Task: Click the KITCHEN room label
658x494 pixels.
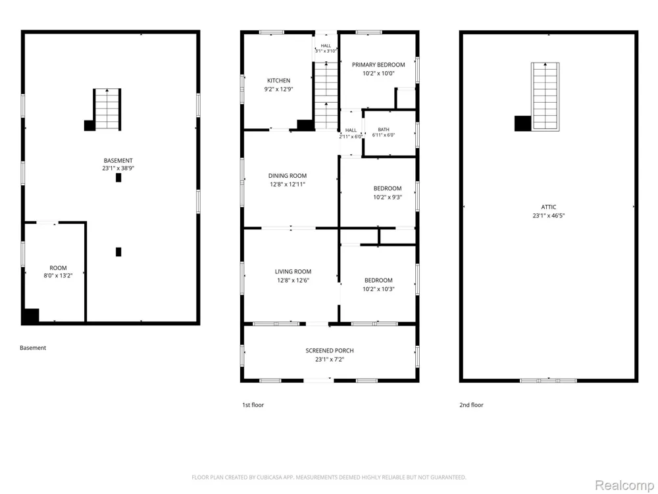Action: tap(278, 80)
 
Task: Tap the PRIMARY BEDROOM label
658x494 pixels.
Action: tap(378, 65)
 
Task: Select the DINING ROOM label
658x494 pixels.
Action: tap(288, 176)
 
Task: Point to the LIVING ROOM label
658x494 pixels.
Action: tap(293, 271)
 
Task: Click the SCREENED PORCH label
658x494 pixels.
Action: tap(330, 350)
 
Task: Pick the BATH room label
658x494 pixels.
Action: tap(384, 129)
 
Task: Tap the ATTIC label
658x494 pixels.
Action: tap(549, 207)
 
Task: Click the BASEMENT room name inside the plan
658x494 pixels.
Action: tap(118, 161)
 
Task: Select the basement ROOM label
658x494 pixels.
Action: tap(58, 268)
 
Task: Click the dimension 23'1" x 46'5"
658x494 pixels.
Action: tap(549, 215)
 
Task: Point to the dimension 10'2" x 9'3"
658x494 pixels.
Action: tap(388, 197)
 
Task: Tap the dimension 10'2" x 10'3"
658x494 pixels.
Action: tap(378, 289)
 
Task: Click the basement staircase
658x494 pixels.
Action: tap(107, 109)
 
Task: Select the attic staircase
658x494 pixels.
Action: tap(545, 96)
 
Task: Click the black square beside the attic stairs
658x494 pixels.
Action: tap(523, 124)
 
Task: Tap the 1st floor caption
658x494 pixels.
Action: tap(253, 405)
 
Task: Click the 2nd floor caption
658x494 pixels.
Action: tap(471, 405)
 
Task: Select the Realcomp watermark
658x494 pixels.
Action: tap(624, 485)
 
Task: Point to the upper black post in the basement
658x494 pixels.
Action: tap(118, 178)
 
